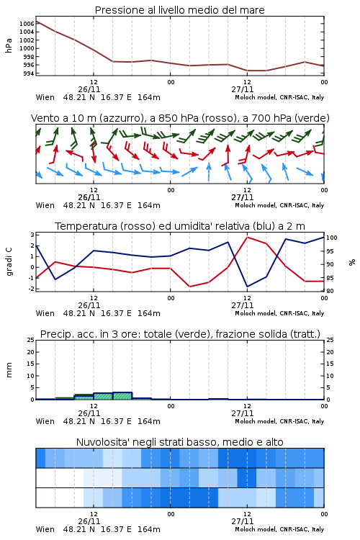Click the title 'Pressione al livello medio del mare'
(179, 10)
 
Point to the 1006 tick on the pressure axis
(27, 24)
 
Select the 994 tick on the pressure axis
(29, 73)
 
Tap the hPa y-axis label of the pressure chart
(9, 45)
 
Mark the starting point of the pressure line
(36, 22)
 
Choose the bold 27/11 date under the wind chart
(243, 197)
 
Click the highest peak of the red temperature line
(247, 237)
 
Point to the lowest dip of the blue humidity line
(247, 287)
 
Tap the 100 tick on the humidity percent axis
(332, 238)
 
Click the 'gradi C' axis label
(9, 262)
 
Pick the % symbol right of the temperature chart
(352, 262)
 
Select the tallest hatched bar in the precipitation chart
(122, 396)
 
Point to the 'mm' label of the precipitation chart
(9, 370)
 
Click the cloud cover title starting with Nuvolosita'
(179, 442)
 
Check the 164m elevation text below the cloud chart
(149, 529)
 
